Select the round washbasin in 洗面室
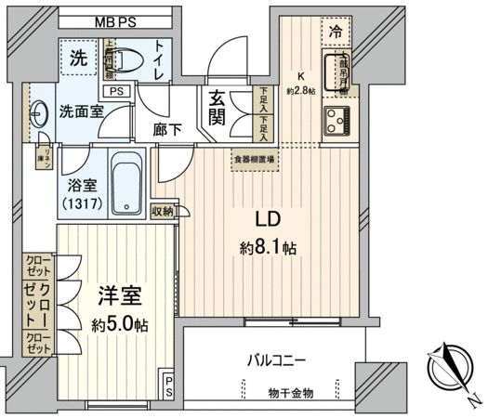click(38, 116)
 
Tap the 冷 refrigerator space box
click(335, 31)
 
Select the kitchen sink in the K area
click(335, 71)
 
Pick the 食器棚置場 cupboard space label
click(254, 158)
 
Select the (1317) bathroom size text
click(79, 202)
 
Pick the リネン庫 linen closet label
click(44, 156)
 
